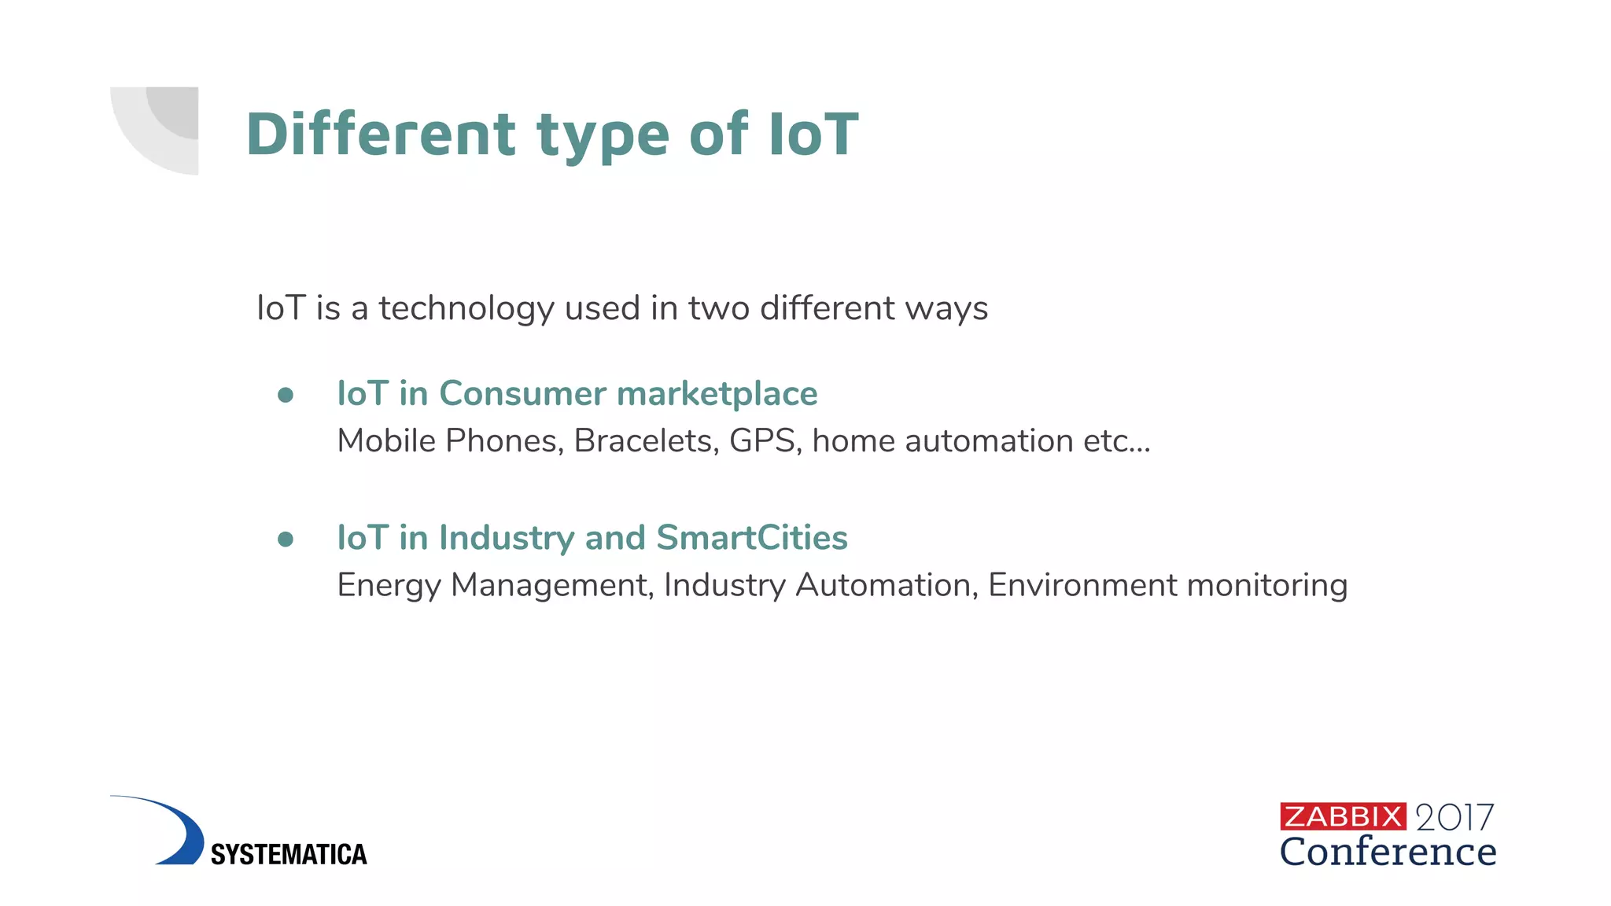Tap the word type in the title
pyautogui.click(x=603, y=135)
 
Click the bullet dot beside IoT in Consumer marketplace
pyautogui.click(x=286, y=395)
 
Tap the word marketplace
pyautogui.click(x=717, y=393)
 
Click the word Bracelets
pyautogui.click(x=646, y=440)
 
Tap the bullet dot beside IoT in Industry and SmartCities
pyautogui.click(x=286, y=539)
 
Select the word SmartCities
pyautogui.click(x=751, y=538)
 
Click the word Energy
pyautogui.click(x=389, y=586)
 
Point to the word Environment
pyautogui.click(x=1082, y=585)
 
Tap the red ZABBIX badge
pyautogui.click(x=1343, y=816)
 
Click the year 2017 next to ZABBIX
pyautogui.click(x=1454, y=818)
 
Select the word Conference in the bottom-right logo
pyautogui.click(x=1388, y=852)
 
